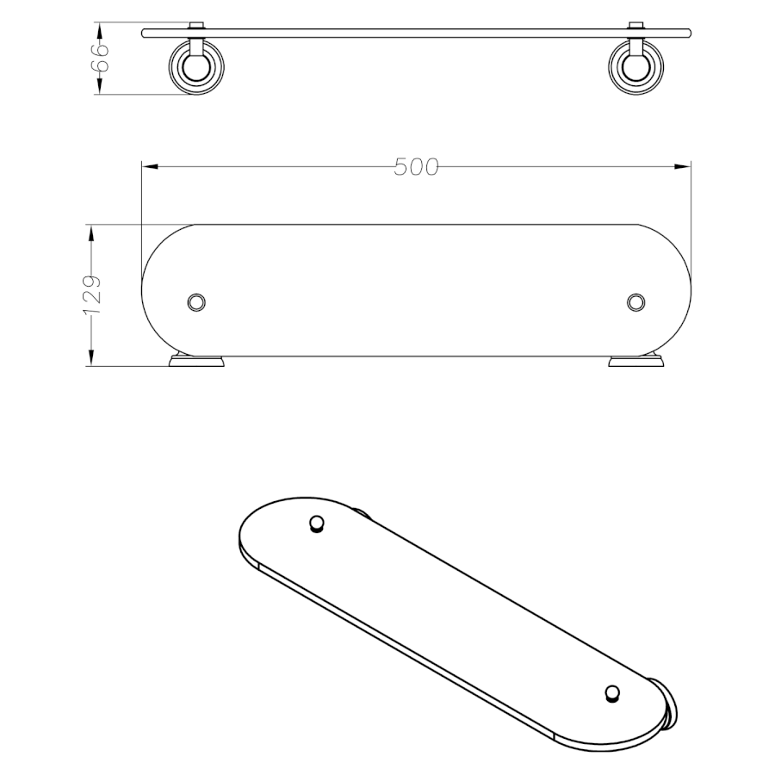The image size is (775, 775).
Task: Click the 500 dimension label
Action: (x=416, y=167)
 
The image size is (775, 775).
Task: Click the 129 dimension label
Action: (x=92, y=295)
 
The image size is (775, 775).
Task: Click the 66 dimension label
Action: (x=99, y=58)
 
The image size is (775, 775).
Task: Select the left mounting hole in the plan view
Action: (x=196, y=302)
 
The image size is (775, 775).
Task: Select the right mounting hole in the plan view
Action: (x=635, y=302)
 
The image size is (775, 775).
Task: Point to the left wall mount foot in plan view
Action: (x=196, y=361)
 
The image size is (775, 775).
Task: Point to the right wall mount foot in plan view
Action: (x=636, y=361)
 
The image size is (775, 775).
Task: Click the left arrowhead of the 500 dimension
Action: (x=150, y=167)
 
